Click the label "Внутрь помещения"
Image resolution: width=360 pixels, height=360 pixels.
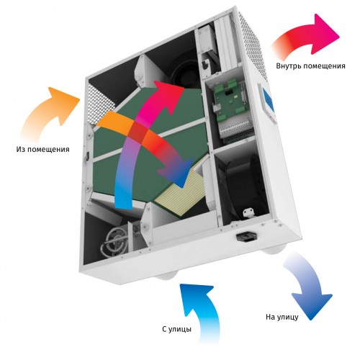[x=310, y=66]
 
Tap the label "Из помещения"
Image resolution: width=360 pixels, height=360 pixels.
[x=43, y=149]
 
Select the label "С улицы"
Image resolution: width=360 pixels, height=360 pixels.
[x=177, y=329]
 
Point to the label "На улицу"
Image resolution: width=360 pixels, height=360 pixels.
[x=282, y=317]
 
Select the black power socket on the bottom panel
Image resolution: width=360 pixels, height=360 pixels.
[x=246, y=236]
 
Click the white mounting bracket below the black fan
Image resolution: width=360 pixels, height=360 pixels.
[x=248, y=213]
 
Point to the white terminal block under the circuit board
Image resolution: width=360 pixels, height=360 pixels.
[x=236, y=131]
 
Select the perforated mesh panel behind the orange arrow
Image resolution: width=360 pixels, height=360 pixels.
[x=99, y=102]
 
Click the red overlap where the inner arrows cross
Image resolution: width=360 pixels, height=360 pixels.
[x=139, y=132]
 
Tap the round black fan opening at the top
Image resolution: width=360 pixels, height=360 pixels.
[x=185, y=72]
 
